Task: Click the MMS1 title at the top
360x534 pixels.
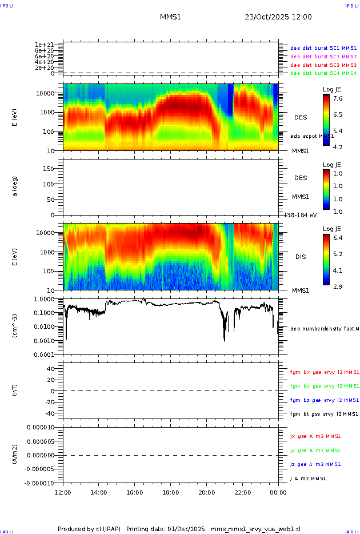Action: pyautogui.click(x=170, y=17)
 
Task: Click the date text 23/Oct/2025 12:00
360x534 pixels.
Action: pyautogui.click(x=278, y=17)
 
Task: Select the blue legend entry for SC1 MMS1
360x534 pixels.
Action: pyautogui.click(x=323, y=48)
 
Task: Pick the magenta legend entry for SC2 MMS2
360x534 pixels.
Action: pyautogui.click(x=323, y=57)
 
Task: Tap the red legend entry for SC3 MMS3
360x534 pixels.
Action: pyautogui.click(x=323, y=65)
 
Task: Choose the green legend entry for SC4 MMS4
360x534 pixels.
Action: pyautogui.click(x=323, y=73)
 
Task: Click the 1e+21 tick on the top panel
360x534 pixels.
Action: pyautogui.click(x=44, y=45)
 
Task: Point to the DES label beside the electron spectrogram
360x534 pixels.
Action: pyautogui.click(x=301, y=117)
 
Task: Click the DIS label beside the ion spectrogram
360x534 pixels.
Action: pyautogui.click(x=301, y=257)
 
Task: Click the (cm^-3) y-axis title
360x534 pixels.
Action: pyautogui.click(x=15, y=326)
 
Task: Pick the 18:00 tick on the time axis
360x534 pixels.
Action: pyautogui.click(x=170, y=492)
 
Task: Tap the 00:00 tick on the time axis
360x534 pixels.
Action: pyautogui.click(x=278, y=492)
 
